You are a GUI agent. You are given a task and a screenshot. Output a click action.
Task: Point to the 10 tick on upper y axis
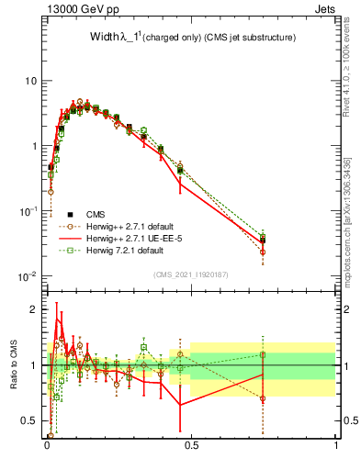pyautogui.click(x=29, y=81)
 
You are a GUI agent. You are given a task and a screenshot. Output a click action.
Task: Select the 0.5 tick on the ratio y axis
pyautogui.click(x=28, y=421)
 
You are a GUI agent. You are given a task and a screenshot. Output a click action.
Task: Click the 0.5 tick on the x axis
pyautogui.click(x=191, y=445)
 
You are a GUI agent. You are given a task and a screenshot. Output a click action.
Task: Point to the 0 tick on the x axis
pyautogui.click(x=46, y=445)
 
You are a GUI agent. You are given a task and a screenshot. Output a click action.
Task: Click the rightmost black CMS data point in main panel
pyautogui.click(x=263, y=241)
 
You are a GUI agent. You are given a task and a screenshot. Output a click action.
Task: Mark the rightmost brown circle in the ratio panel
pyautogui.click(x=263, y=398)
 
